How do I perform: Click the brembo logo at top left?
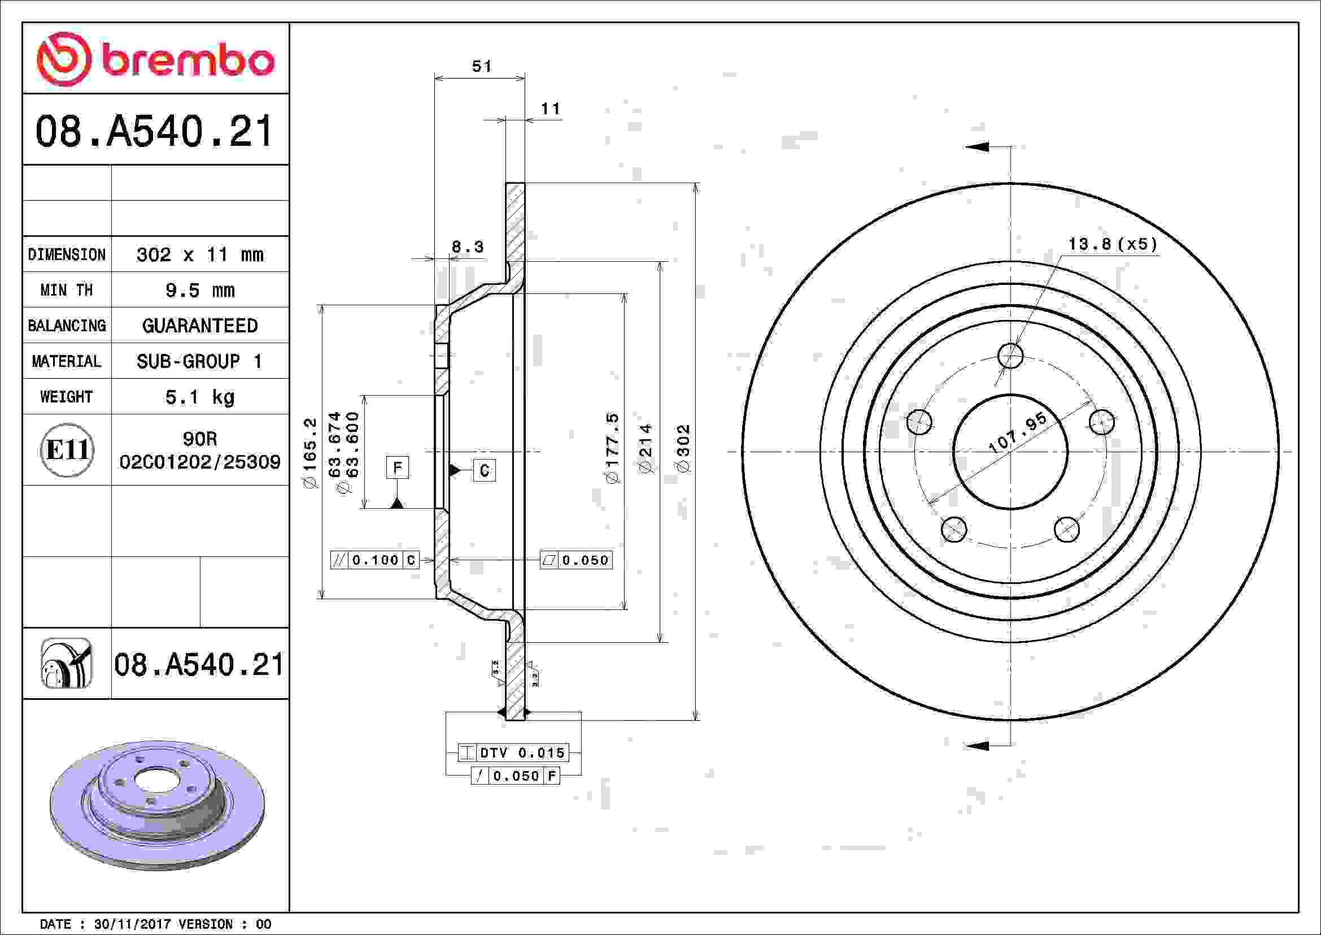coord(155,59)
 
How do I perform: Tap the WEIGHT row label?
coord(66,397)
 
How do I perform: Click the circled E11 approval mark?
coord(67,449)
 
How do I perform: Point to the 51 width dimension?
coord(482,66)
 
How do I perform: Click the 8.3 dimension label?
coord(467,247)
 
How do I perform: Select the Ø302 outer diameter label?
coord(683,449)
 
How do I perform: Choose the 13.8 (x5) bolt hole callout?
coord(1112,244)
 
